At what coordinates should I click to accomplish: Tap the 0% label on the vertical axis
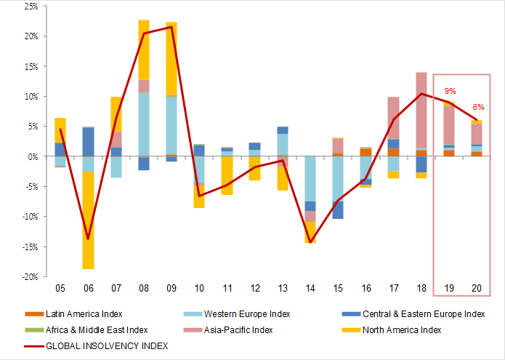pos(33,156)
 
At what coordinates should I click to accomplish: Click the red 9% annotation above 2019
pos(450,92)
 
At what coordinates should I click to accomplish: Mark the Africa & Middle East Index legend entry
pos(97,330)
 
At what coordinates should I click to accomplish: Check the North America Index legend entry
pos(411,330)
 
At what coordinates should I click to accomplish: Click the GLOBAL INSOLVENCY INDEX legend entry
pos(107,346)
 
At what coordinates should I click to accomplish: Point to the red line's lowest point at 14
pos(310,242)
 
